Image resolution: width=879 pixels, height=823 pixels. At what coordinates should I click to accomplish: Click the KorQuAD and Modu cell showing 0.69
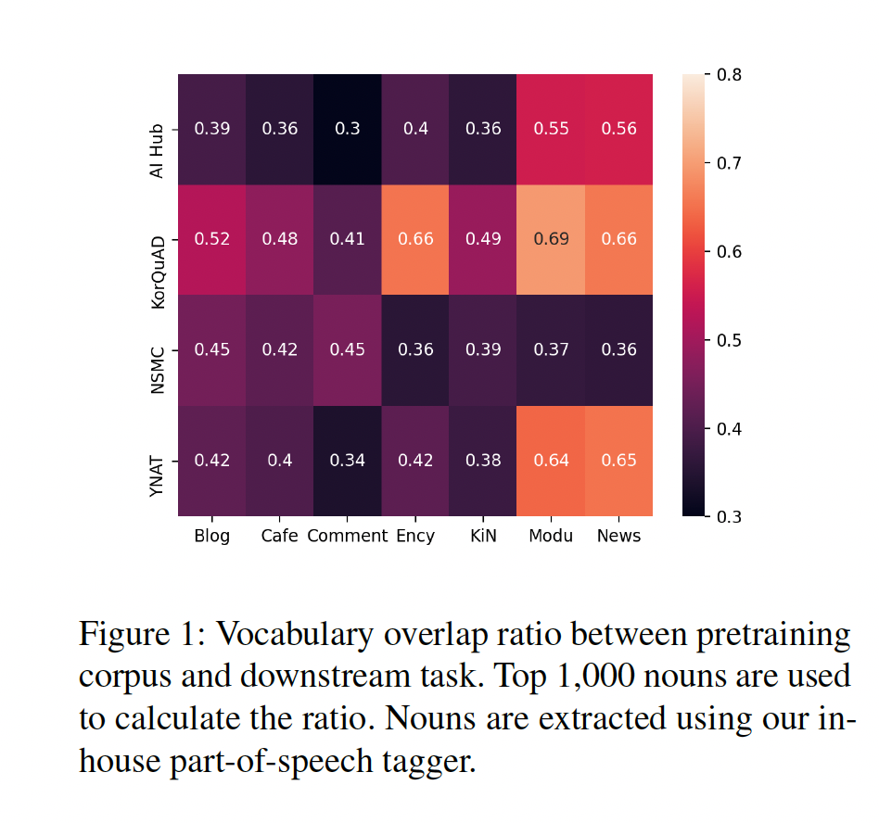551,239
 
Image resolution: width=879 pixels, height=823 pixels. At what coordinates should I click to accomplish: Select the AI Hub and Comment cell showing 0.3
347,129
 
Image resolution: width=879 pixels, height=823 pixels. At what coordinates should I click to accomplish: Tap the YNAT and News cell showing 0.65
618,461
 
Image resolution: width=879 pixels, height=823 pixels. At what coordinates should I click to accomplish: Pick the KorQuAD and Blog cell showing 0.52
211,239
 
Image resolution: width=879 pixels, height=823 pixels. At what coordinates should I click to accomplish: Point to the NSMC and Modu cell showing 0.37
551,349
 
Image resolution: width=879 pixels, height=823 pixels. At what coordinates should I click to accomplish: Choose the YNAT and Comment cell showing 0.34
347,461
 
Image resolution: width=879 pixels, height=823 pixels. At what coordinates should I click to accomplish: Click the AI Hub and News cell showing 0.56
618,129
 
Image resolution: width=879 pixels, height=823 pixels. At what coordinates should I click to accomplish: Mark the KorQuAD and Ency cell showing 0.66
414,239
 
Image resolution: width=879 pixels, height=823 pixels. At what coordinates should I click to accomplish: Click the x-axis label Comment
347,536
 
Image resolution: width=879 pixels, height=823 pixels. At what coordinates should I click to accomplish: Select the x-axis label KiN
482,536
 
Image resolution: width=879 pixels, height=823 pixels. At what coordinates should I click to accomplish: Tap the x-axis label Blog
211,536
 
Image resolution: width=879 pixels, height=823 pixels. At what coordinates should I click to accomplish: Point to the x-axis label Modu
551,536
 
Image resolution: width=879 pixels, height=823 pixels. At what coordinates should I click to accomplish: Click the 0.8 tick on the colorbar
727,74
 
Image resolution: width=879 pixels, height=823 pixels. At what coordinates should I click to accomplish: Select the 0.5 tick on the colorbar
727,340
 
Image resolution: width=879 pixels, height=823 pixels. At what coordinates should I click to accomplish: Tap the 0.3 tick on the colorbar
727,516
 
